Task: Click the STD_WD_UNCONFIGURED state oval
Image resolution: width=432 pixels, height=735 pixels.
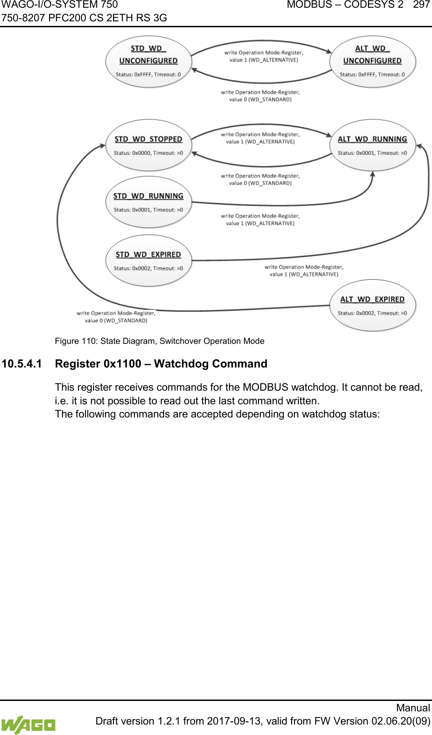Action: [x=148, y=61]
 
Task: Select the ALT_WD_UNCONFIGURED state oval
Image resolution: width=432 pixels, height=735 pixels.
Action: [x=372, y=61]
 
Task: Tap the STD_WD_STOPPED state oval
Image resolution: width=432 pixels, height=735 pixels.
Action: [x=148, y=145]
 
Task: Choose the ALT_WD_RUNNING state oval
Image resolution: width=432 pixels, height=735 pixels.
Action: [x=372, y=145]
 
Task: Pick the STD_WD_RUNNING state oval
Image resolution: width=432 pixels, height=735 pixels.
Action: [x=148, y=202]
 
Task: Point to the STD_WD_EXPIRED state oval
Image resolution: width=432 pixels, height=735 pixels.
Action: [x=148, y=261]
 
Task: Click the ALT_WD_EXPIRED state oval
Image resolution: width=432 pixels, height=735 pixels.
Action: [x=372, y=306]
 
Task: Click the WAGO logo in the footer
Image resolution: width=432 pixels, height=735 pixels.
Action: [x=28, y=724]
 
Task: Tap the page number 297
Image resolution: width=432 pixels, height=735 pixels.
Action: [x=421, y=5]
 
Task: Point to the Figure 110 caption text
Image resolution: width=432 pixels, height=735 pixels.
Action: [x=159, y=341]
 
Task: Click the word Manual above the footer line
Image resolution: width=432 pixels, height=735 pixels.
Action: [x=413, y=708]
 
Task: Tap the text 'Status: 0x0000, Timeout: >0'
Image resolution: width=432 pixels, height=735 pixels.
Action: [x=148, y=153]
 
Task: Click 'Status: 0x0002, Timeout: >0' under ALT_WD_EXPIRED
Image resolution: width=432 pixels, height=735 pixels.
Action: [x=372, y=313]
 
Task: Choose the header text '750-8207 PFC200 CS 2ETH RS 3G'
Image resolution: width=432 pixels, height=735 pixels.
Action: [x=84, y=18]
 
